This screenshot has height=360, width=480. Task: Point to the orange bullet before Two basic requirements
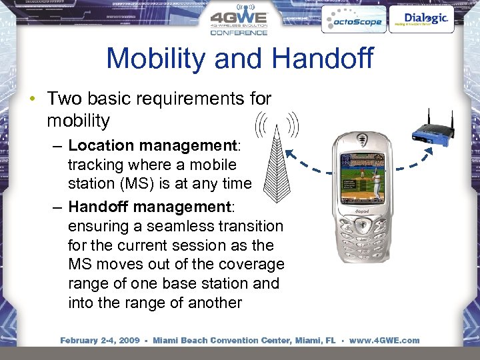32,99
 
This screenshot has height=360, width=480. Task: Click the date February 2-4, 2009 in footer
99,340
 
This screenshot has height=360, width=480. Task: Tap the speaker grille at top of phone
363,141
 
